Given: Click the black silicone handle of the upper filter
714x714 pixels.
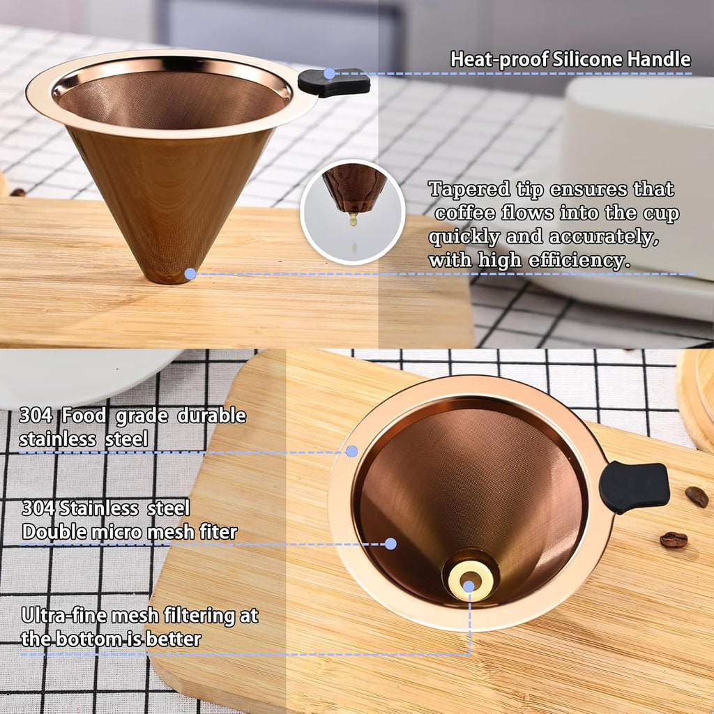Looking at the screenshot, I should [334, 83].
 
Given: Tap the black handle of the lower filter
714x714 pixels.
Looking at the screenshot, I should [634, 487].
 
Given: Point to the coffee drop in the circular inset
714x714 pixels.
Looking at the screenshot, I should [353, 219].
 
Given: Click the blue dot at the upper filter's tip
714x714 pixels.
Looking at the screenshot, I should [190, 274].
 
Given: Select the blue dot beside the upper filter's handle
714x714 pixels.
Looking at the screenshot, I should [329, 73].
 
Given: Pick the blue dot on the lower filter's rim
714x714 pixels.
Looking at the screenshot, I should [351, 451].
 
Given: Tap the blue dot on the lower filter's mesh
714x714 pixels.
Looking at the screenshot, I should [390, 543].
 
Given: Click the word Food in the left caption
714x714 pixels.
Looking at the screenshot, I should [83, 416].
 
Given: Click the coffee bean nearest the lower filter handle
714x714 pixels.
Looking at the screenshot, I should [696, 496].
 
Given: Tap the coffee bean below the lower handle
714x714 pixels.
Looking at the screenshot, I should [673, 539].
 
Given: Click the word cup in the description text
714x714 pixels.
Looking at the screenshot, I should [661, 213].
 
